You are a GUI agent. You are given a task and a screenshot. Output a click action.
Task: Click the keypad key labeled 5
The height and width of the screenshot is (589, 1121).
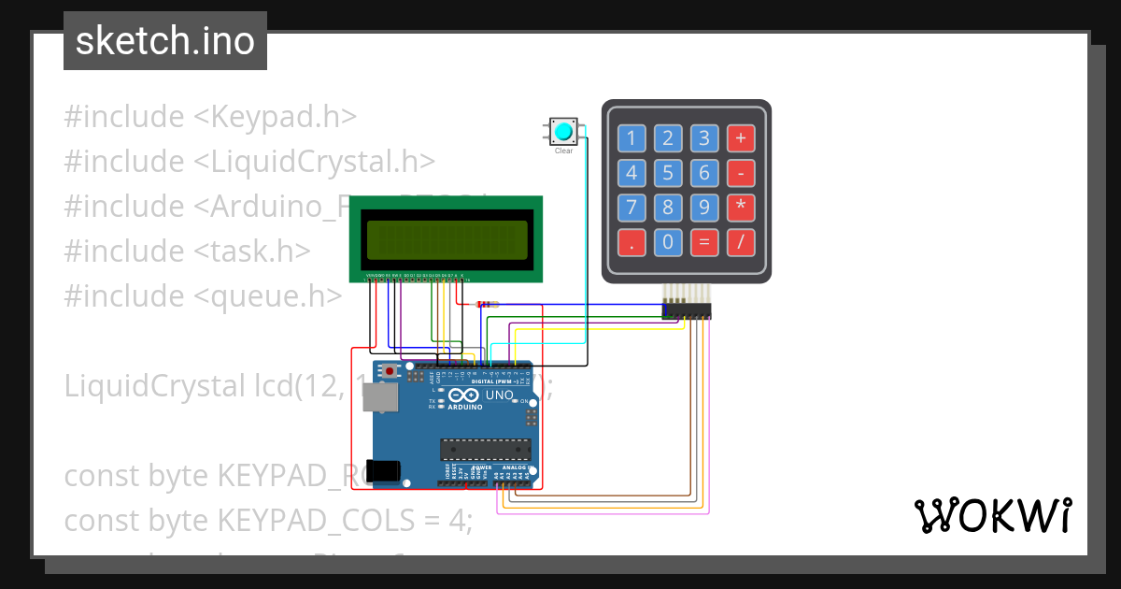click(x=667, y=173)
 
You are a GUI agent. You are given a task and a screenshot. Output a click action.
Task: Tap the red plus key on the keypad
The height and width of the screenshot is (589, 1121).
click(x=741, y=139)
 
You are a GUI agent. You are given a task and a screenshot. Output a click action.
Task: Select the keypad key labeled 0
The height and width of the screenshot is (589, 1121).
click(x=667, y=242)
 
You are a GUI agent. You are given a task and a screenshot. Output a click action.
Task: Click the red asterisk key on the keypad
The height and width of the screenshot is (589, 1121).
click(x=741, y=208)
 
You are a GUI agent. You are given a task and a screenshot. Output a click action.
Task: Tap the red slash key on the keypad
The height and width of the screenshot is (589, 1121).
click(x=741, y=242)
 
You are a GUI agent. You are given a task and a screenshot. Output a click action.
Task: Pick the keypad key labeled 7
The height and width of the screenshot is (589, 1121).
click(x=631, y=208)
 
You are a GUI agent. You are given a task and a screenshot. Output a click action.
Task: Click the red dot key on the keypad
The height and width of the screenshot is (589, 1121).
click(x=631, y=242)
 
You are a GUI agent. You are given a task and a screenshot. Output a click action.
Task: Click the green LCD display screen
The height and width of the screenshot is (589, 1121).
click(x=446, y=239)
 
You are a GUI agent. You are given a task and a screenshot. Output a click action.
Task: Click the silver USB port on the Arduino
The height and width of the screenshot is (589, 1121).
click(x=379, y=397)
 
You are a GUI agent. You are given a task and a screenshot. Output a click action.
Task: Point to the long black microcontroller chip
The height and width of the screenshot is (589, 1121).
click(x=486, y=449)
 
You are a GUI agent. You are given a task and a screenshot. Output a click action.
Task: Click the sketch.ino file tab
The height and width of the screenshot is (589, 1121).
click(x=165, y=41)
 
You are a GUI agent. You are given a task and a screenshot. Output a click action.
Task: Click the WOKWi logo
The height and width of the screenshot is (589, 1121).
click(x=991, y=516)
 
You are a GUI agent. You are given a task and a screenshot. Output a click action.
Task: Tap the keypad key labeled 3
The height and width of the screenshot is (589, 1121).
click(x=704, y=139)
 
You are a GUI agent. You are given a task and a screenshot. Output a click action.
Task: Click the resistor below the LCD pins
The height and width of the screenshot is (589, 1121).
click(x=487, y=304)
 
